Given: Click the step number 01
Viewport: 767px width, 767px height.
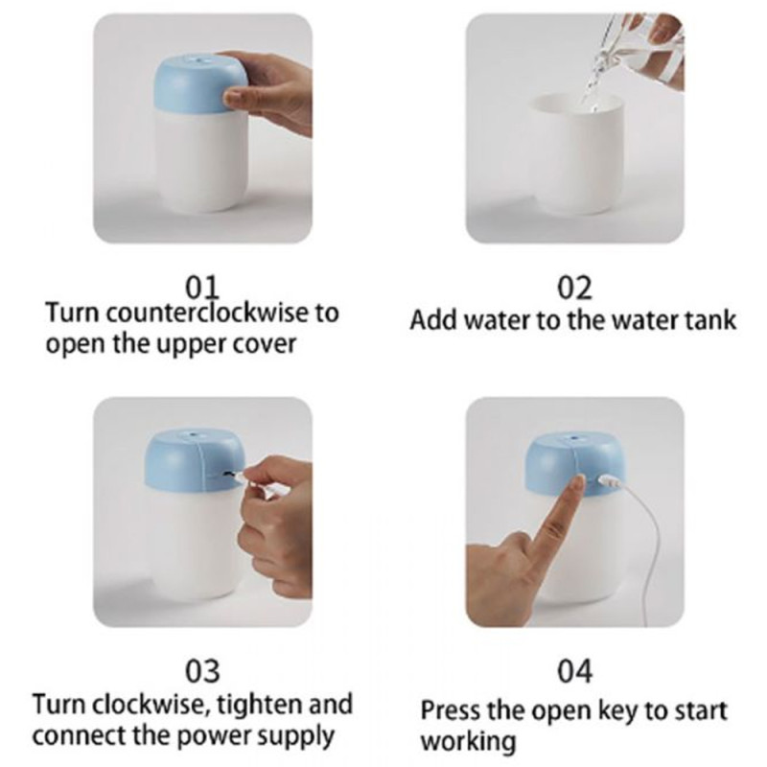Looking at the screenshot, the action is pyautogui.click(x=202, y=288).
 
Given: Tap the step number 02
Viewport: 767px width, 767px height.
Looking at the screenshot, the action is pyautogui.click(x=574, y=288).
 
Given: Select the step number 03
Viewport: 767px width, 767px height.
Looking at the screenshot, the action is pyautogui.click(x=202, y=671).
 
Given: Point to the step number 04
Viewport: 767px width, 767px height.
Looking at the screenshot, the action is pyautogui.click(x=574, y=671).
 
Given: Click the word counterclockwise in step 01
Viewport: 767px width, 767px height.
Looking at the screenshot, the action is pyautogui.click(x=207, y=313).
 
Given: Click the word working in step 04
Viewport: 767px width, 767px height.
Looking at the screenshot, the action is pyautogui.click(x=468, y=742).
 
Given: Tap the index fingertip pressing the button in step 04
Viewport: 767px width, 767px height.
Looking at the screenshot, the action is pyautogui.click(x=579, y=481).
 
